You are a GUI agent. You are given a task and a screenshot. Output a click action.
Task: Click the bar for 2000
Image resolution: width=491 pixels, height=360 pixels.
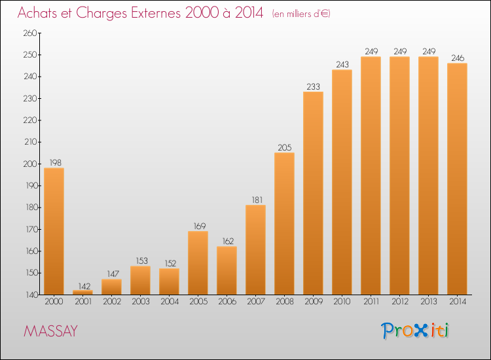54,231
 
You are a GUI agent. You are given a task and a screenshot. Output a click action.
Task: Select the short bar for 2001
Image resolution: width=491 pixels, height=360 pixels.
82,293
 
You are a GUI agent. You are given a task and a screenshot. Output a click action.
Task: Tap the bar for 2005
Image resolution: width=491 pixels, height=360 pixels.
198,263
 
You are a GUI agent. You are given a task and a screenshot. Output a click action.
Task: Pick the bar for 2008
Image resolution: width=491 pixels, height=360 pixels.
284,223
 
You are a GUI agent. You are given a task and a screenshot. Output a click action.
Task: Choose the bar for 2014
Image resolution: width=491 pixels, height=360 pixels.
457,179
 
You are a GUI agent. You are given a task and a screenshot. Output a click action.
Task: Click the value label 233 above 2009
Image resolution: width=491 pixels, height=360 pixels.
313,86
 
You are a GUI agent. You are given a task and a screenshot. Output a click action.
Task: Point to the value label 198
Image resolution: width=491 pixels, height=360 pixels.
56,163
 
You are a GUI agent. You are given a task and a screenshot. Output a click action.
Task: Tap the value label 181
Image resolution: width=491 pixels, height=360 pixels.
257,200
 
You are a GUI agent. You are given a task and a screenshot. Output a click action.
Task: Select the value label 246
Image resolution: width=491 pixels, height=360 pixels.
458,58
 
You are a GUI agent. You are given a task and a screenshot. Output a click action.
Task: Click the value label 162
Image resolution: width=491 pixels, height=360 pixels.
228,242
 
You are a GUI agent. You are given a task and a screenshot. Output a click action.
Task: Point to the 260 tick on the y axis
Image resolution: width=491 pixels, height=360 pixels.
30,33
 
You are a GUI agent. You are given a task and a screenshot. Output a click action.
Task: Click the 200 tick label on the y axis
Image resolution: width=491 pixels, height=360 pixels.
30,164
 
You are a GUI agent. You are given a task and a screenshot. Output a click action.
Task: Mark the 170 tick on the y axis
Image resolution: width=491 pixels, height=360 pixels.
31,229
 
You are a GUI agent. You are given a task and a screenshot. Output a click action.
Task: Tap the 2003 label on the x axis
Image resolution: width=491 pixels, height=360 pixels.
141,302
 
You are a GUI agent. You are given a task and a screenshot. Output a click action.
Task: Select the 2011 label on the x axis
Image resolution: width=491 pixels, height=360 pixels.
371,302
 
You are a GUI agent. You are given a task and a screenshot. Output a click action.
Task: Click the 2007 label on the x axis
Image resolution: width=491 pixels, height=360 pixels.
256,302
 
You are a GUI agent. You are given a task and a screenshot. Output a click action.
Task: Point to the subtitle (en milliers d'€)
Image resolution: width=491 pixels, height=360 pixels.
301,14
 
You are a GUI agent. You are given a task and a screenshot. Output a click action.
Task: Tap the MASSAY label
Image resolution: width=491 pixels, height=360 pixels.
50,331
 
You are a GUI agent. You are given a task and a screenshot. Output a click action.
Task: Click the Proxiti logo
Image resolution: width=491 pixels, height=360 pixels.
415,331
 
